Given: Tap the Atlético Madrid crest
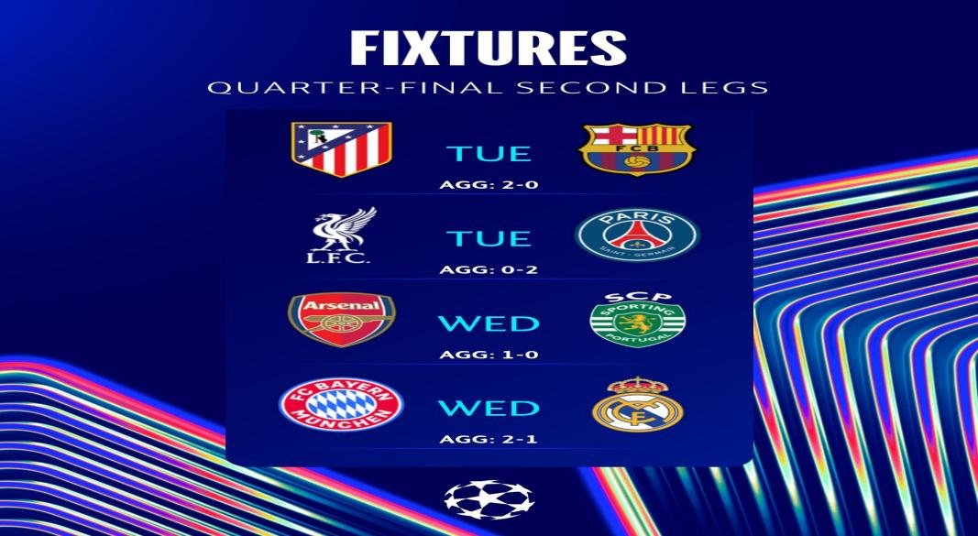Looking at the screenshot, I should pyautogui.click(x=341, y=148).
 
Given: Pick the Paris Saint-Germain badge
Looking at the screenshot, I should pyautogui.click(x=637, y=235).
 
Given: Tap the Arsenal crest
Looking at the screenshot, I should pyautogui.click(x=341, y=319).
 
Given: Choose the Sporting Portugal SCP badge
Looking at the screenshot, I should pyautogui.click(x=637, y=319).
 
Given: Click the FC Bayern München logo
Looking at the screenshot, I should pyautogui.click(x=341, y=406).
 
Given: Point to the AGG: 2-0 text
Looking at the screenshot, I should pyautogui.click(x=489, y=184).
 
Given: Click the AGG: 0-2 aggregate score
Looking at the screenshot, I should pyautogui.click(x=489, y=269).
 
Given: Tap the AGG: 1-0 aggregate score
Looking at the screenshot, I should pyautogui.click(x=489, y=354).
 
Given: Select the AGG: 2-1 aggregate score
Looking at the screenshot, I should pyautogui.click(x=489, y=439).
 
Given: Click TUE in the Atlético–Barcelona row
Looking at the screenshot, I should pyautogui.click(x=489, y=154).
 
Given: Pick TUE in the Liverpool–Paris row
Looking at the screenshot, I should pyautogui.click(x=489, y=239).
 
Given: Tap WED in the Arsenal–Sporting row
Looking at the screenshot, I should pyautogui.click(x=489, y=323).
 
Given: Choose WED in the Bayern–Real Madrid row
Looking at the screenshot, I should pyautogui.click(x=489, y=409).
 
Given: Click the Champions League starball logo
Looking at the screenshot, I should pyautogui.click(x=488, y=499).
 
